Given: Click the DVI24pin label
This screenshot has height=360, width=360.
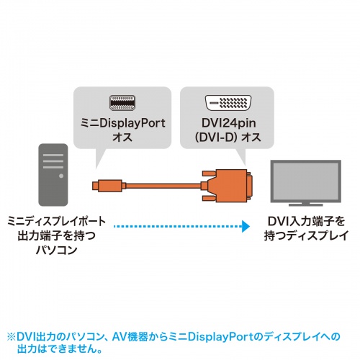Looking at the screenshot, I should [x=226, y=122].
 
